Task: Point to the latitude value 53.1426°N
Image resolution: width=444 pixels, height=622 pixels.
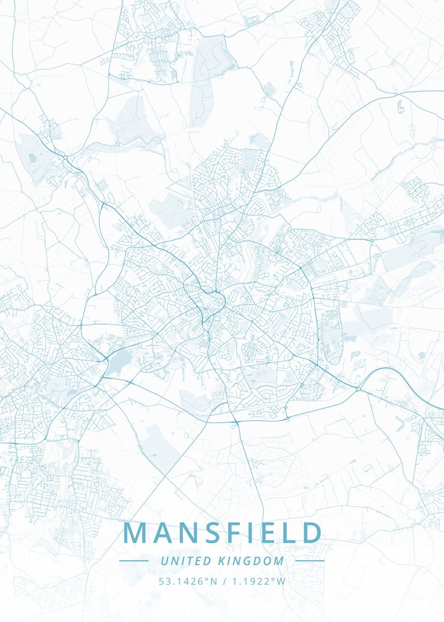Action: [x=189, y=581]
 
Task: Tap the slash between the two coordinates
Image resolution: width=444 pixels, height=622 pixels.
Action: [x=224, y=581]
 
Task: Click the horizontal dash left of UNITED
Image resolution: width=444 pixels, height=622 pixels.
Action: [x=134, y=561]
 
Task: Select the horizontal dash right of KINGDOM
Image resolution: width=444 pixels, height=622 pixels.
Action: [x=309, y=561]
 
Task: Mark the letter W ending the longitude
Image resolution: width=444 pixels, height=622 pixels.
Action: [x=281, y=581]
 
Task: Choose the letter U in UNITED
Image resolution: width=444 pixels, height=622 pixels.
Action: [x=164, y=561]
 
